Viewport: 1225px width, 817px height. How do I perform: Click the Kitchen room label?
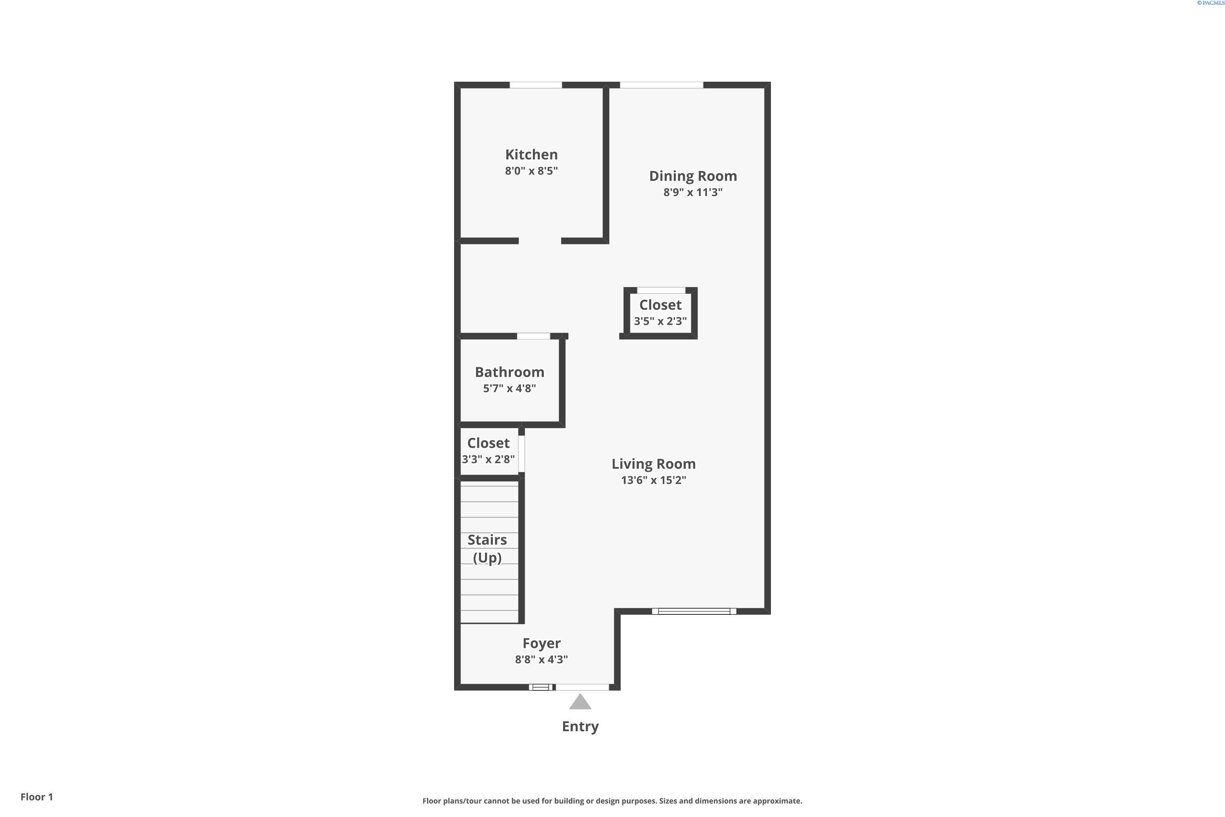531,155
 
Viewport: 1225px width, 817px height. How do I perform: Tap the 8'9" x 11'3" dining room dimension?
693,192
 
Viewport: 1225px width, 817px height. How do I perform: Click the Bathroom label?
509,372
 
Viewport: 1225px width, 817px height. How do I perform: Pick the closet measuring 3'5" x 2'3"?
660,313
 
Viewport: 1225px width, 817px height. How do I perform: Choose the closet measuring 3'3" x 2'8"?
488,451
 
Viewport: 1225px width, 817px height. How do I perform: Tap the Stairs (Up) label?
487,549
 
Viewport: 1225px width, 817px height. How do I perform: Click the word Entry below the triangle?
580,726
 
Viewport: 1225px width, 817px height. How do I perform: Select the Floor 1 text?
36,797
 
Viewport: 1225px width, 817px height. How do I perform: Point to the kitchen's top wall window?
535,85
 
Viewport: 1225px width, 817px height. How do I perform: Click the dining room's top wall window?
661,85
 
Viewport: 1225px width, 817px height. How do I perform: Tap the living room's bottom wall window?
694,611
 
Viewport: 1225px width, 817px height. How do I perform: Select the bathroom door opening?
533,336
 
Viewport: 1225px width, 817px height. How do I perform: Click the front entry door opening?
582,687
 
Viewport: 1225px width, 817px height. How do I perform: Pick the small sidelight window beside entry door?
541,687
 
